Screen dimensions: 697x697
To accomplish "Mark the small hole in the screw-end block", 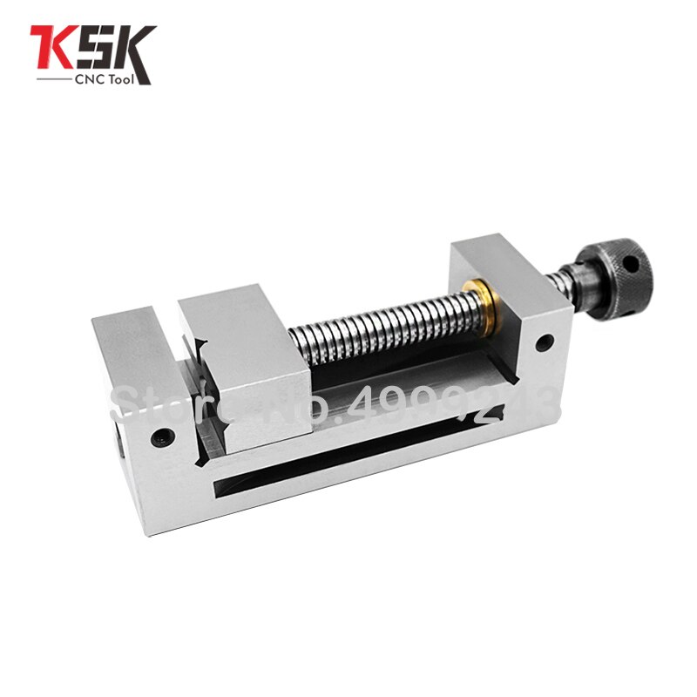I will pos(544,343).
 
